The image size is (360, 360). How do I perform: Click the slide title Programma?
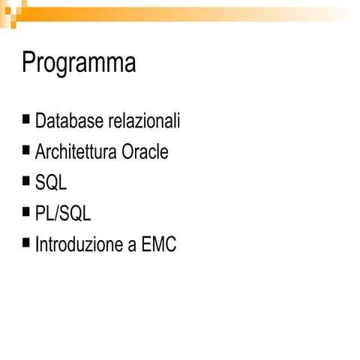pyautogui.click(x=79, y=63)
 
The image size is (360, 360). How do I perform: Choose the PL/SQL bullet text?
pyautogui.click(x=63, y=214)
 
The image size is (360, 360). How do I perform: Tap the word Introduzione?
pyautogui.click(x=78, y=244)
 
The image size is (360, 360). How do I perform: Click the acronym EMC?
pyautogui.click(x=158, y=244)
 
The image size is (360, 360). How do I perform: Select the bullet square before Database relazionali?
pyautogui.click(x=27, y=118)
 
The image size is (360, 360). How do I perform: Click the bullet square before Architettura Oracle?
pyautogui.click(x=27, y=149)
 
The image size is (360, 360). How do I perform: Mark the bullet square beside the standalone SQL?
pyautogui.click(x=27, y=180)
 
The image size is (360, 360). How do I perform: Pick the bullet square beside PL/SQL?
pyautogui.click(x=27, y=211)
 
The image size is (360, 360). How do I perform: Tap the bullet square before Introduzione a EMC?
pyautogui.click(x=27, y=241)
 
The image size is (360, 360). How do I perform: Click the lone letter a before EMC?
pyautogui.click(x=131, y=246)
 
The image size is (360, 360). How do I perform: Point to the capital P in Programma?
pyautogui.click(x=28, y=62)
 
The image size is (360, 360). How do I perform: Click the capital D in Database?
pyautogui.click(x=40, y=121)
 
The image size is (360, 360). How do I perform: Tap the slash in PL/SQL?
pyautogui.click(x=58, y=214)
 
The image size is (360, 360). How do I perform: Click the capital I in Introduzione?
pyautogui.click(x=37, y=244)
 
